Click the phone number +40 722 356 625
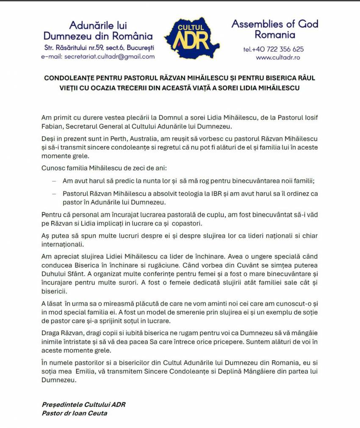[273, 49]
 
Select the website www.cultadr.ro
[278, 57]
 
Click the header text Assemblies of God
[275, 24]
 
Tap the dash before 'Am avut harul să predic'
[54, 181]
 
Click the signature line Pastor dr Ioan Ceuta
[75, 413]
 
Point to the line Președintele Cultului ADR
[83, 404]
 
